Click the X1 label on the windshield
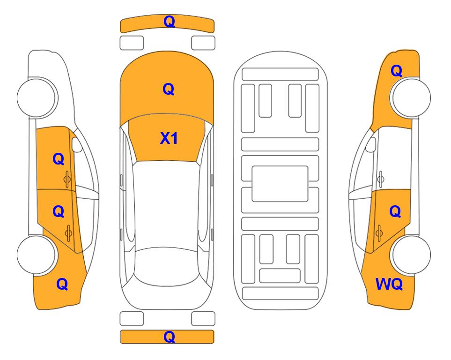pyautogui.click(x=169, y=138)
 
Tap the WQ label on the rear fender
pyautogui.click(x=389, y=284)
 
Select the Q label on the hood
pyautogui.click(x=169, y=89)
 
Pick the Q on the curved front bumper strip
pyautogui.click(x=170, y=22)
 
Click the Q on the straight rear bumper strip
pyautogui.click(x=170, y=337)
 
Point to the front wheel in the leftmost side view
pyautogui.click(x=37, y=97)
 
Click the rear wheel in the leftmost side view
pyautogui.click(x=37, y=255)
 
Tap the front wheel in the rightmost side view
pyautogui.click(x=410, y=97)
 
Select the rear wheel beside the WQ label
pyautogui.click(x=410, y=255)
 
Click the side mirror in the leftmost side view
pyautogui.click(x=77, y=145)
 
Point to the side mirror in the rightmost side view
pyautogui.click(x=370, y=145)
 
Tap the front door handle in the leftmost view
pyautogui.click(x=67, y=180)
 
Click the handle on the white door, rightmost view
pyautogui.click(x=381, y=179)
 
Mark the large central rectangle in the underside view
pyautogui.click(x=280, y=184)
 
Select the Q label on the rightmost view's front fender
pyautogui.click(x=396, y=71)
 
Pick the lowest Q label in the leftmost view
pyautogui.click(x=62, y=284)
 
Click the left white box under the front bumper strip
pyautogui.click(x=132, y=43)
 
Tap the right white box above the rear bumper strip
pyautogui.click(x=203, y=319)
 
